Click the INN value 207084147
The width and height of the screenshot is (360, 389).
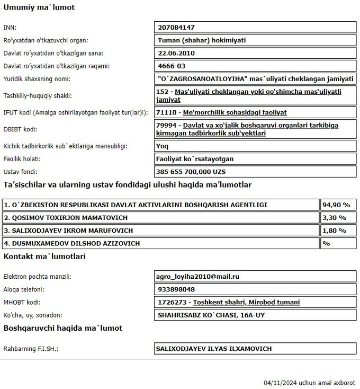tap(181, 27)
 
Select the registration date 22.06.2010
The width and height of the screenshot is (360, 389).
tap(177, 53)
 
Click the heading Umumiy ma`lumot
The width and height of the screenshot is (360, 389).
tap(39, 8)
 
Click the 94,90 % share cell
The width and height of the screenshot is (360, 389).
tap(337, 205)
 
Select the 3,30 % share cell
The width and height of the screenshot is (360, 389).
tap(335, 218)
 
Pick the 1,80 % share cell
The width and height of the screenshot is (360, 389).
tap(335, 231)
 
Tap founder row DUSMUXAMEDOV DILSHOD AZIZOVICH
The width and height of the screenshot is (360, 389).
tap(71, 243)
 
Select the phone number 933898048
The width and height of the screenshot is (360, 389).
tap(176, 289)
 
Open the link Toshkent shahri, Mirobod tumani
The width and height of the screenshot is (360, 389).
tap(246, 302)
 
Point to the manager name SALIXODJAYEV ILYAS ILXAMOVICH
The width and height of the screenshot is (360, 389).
tap(213, 349)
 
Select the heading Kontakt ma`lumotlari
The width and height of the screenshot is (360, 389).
tap(44, 257)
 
